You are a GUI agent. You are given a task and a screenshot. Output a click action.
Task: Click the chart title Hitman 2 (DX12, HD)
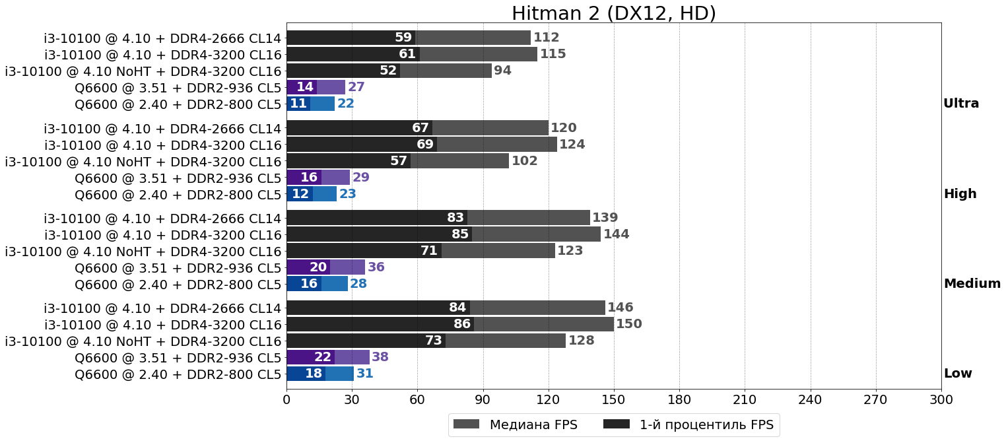click(613, 13)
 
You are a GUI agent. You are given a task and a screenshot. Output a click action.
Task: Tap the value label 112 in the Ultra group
click(546, 38)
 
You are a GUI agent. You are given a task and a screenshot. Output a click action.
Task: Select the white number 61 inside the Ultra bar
click(407, 54)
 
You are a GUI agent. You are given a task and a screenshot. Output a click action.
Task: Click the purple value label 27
click(356, 87)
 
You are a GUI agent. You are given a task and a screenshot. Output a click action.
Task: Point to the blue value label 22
click(346, 104)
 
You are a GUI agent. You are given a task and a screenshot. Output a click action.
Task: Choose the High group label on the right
click(960, 194)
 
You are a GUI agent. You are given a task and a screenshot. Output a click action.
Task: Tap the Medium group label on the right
click(972, 284)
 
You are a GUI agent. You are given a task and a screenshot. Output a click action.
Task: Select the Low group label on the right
click(958, 374)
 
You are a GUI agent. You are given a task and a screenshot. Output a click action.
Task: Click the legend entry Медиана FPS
click(516, 424)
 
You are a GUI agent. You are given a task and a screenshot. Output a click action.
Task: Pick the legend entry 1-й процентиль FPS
click(689, 424)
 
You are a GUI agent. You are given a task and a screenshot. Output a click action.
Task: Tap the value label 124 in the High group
click(572, 145)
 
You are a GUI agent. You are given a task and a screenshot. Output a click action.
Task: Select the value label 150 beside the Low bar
click(628, 324)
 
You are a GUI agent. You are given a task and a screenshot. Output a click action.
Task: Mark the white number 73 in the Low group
click(433, 341)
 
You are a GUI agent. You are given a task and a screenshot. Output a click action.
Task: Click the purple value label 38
click(380, 357)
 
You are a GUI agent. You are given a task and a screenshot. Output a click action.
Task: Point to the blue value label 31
click(364, 374)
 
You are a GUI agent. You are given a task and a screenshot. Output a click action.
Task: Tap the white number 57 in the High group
click(399, 161)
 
